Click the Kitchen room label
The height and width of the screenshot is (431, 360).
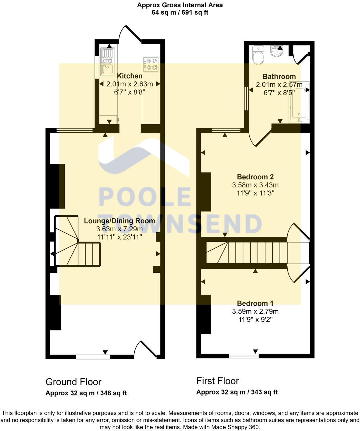(130, 76)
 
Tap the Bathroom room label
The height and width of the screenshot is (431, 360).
(279, 77)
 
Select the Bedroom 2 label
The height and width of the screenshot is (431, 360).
(255, 177)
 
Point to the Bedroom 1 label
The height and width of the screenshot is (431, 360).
(255, 303)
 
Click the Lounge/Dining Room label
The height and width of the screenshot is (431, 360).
(119, 221)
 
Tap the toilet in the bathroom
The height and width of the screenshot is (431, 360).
(258, 55)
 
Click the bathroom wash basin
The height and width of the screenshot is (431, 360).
(276, 51)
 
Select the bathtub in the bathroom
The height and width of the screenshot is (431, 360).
(299, 102)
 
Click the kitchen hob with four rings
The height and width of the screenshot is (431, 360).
(151, 65)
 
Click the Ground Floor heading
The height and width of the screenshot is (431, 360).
(73, 382)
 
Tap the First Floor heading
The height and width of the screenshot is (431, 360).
(217, 381)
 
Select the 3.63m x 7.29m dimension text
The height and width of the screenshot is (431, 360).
(119, 229)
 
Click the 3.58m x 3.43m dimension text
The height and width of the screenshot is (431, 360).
(255, 185)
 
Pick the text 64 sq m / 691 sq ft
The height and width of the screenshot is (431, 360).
(180, 12)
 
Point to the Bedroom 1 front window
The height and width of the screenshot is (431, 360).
(244, 356)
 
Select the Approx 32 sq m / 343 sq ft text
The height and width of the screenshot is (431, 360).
(237, 392)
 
